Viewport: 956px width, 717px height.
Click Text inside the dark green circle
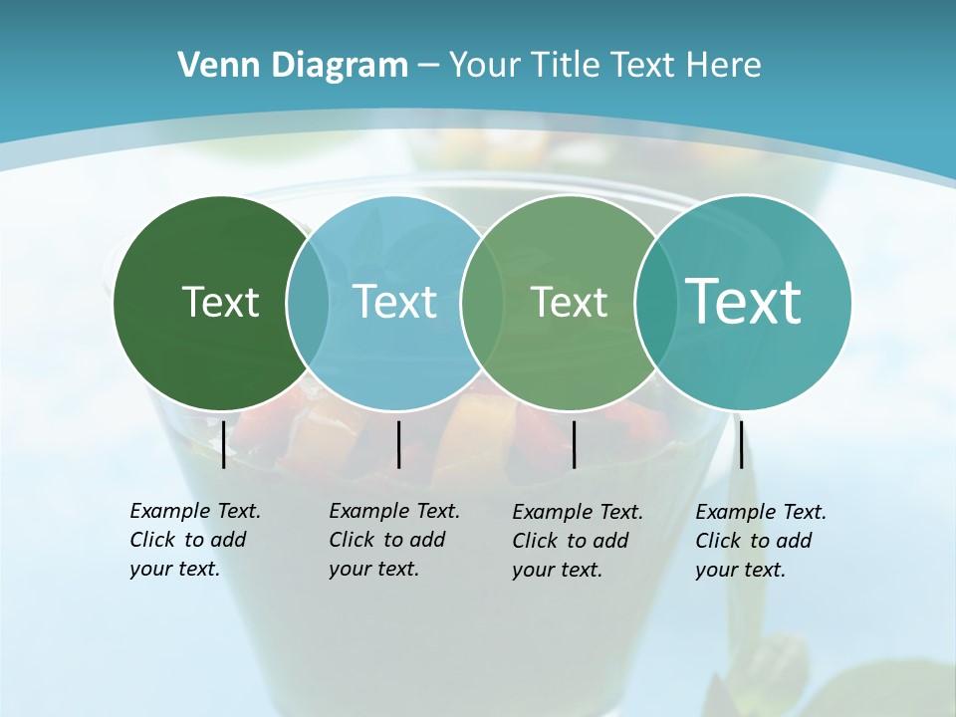(x=220, y=302)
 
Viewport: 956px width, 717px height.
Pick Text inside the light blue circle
(x=394, y=302)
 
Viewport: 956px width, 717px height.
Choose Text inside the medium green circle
(x=569, y=302)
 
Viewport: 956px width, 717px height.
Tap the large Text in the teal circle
(x=744, y=301)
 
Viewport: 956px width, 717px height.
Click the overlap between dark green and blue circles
(x=308, y=302)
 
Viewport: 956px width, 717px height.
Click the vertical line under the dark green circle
(x=223, y=444)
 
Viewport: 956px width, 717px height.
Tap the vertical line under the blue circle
(x=398, y=444)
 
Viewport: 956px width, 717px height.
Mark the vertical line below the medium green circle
(x=574, y=444)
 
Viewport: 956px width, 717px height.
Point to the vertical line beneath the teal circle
(x=741, y=444)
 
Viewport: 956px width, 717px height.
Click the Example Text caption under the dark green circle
(x=194, y=540)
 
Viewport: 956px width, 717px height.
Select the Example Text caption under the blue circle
(x=393, y=540)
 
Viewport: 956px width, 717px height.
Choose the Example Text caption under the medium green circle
(x=577, y=541)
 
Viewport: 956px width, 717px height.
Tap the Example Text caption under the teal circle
(x=760, y=541)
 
